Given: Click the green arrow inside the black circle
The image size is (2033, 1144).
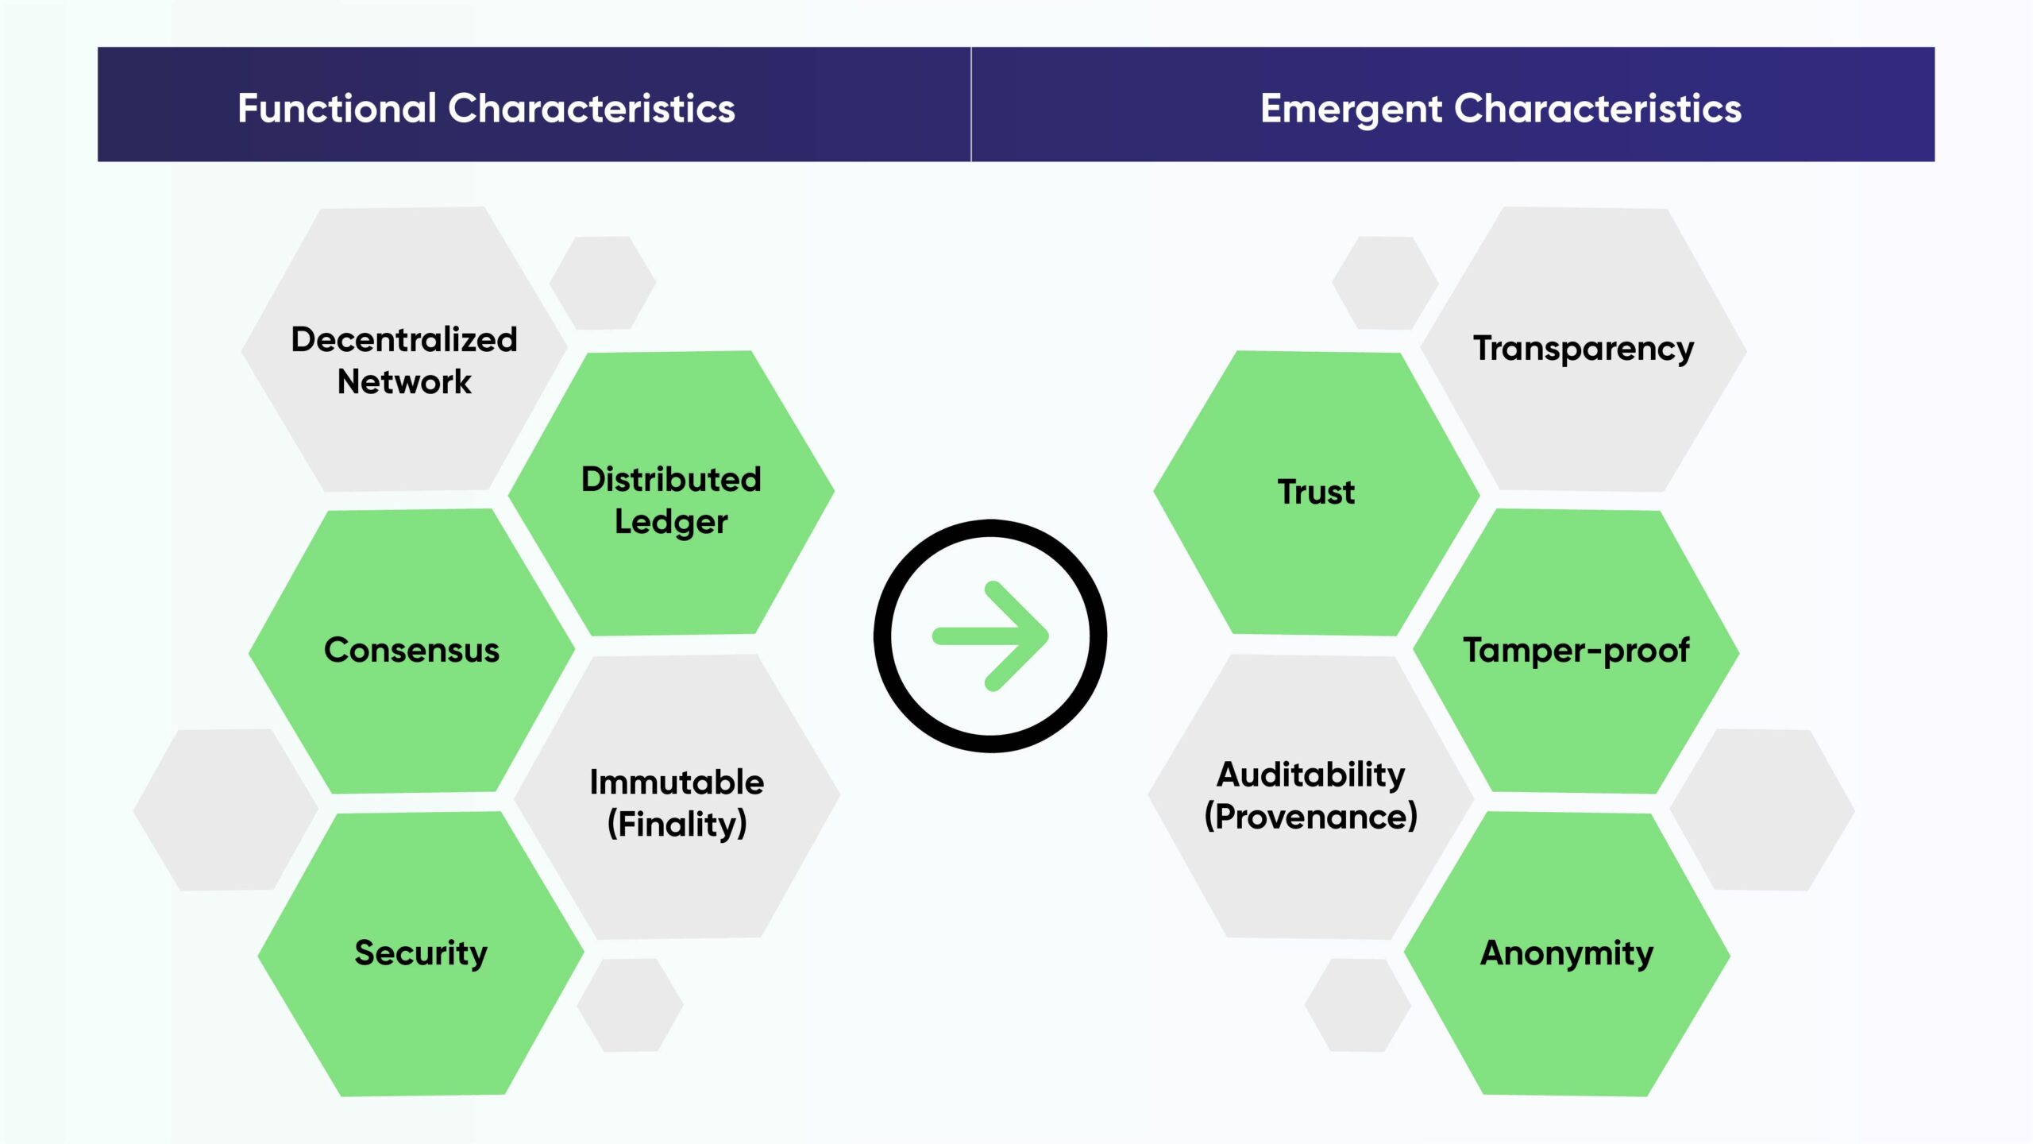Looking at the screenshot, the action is click(x=991, y=636).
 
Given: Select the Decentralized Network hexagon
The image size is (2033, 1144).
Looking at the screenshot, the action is click(x=404, y=350).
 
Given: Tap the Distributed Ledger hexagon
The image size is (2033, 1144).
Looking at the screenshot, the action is click(x=671, y=493).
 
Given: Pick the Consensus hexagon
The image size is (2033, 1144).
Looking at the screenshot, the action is click(x=411, y=651).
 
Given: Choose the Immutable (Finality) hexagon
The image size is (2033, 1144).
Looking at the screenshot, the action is click(x=677, y=797).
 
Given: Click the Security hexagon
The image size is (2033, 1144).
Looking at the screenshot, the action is click(x=421, y=954).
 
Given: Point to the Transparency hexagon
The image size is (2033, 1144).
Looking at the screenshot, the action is click(x=1584, y=350).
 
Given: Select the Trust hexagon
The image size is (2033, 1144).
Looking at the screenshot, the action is click(x=1317, y=493).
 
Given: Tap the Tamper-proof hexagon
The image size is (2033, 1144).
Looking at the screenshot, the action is click(x=1576, y=651).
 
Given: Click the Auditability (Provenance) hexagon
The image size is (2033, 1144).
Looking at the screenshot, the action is click(x=1311, y=797).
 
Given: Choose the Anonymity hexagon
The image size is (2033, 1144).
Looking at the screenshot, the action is click(x=1567, y=954).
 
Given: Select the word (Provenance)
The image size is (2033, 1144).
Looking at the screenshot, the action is click(x=1311, y=817).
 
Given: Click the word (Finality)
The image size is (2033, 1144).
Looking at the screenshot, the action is click(x=677, y=824).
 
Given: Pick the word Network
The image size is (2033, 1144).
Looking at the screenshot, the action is click(x=404, y=382).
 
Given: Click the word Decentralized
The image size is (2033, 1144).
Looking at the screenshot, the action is click(x=404, y=339).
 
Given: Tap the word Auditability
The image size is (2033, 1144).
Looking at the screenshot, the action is click(x=1311, y=775).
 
